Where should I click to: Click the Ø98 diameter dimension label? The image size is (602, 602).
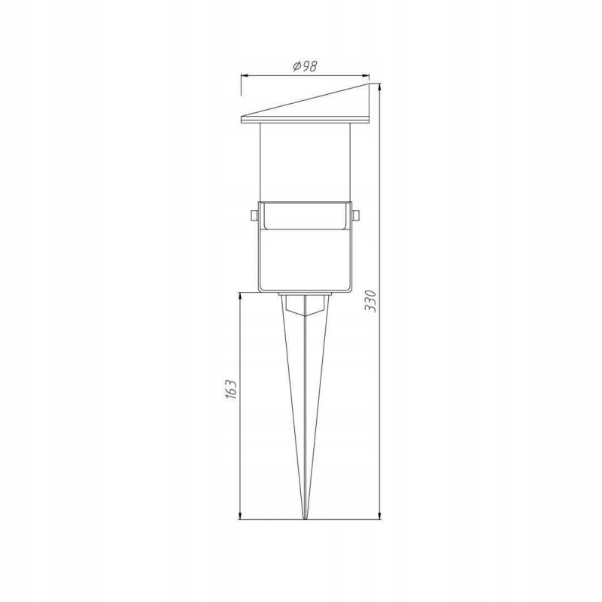coord(306,66)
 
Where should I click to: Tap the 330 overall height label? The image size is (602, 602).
coord(371,301)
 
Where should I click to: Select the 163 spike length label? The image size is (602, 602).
coord(231,390)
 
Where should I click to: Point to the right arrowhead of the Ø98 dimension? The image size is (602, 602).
coord(365,76)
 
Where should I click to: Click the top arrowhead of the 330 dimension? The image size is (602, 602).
coord(380,88)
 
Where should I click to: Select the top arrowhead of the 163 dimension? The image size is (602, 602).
coord(240,297)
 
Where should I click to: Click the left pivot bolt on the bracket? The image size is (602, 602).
coord(254,216)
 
